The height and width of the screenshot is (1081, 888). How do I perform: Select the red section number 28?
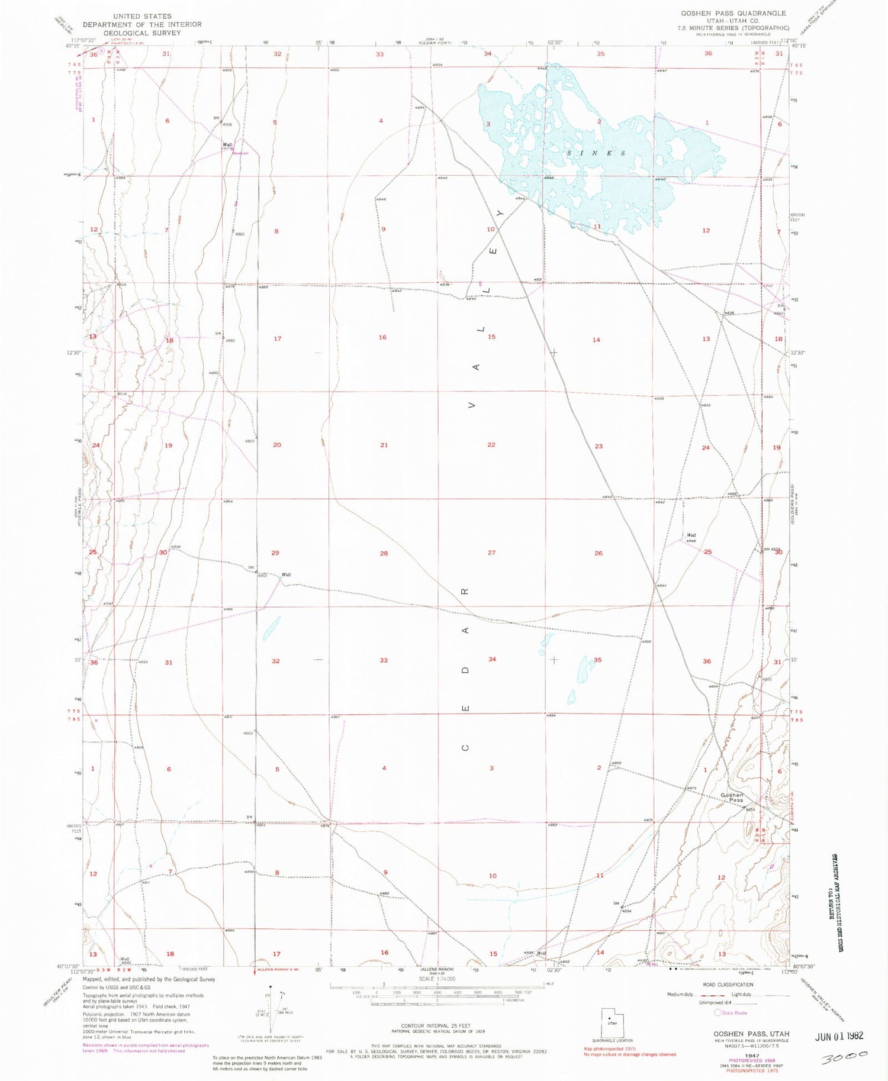(x=384, y=553)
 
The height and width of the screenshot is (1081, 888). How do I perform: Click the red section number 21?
(x=384, y=445)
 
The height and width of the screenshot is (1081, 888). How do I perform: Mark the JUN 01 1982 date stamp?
(x=839, y=1035)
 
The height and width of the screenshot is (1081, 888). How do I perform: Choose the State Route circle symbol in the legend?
(x=718, y=1012)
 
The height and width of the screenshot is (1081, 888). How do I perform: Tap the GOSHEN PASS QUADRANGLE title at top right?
(x=733, y=13)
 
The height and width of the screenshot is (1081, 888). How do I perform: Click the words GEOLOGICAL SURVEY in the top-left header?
(x=142, y=33)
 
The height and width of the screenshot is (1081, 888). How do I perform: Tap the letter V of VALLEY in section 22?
(x=472, y=406)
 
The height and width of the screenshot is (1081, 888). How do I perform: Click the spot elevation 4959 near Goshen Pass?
(x=751, y=809)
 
